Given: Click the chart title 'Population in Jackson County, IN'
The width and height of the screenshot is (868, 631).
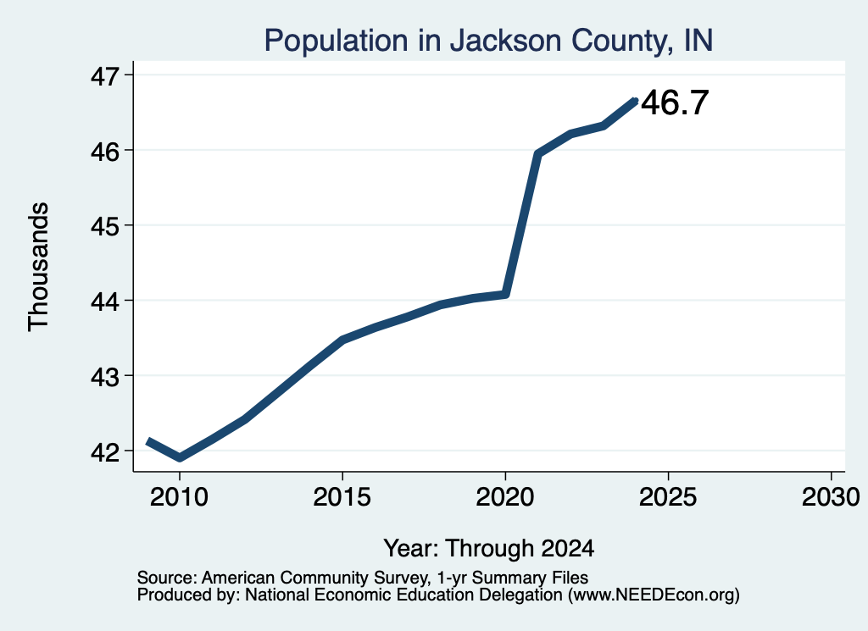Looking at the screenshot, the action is (x=488, y=41).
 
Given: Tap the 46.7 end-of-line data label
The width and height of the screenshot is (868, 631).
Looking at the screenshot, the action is (x=675, y=102).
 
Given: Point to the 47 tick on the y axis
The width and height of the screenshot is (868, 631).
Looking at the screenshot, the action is (x=105, y=75).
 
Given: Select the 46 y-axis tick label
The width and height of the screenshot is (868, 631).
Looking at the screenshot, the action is (x=105, y=151).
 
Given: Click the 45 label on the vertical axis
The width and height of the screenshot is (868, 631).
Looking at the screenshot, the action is (x=105, y=226).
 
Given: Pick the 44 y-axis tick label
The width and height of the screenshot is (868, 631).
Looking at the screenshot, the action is (x=105, y=302).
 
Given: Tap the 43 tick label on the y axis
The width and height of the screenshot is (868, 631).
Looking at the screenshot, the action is (x=105, y=377).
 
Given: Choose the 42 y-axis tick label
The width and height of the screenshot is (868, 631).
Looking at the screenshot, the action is (x=105, y=451).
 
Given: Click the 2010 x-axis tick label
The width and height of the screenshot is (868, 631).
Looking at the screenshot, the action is (x=180, y=496).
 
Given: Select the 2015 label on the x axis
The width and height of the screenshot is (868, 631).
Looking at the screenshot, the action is (x=342, y=496).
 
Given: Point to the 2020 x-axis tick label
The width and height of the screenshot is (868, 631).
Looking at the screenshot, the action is (x=505, y=496).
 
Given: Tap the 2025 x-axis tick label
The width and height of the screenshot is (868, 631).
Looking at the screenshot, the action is (x=668, y=496).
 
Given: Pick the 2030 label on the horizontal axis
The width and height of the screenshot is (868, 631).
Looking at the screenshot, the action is (x=831, y=496).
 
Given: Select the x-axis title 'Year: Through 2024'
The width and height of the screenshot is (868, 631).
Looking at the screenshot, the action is (x=489, y=549).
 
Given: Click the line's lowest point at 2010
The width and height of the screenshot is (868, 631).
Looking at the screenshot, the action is (x=180, y=457).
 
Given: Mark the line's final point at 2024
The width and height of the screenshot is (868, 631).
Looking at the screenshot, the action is (x=636, y=101).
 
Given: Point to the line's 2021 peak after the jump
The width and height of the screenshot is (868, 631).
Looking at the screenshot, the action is (x=537, y=154).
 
